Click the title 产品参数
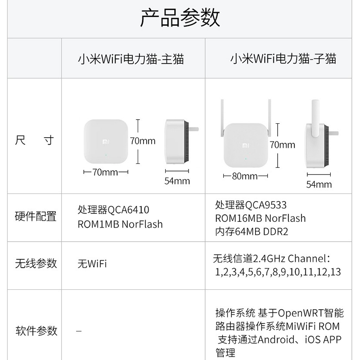tap(180, 18)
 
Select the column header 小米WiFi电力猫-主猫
tap(131, 59)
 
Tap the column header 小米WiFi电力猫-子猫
tap(283, 59)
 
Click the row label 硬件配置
tap(36, 216)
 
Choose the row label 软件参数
tap(36, 331)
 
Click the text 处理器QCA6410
tap(113, 210)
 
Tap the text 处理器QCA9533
tap(251, 205)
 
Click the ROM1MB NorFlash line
tap(120, 224)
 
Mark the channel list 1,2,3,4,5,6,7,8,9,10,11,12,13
tap(278, 272)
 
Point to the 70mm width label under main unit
tap(105, 172)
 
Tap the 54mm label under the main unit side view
tap(177, 181)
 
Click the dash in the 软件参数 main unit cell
tap(79, 331)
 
